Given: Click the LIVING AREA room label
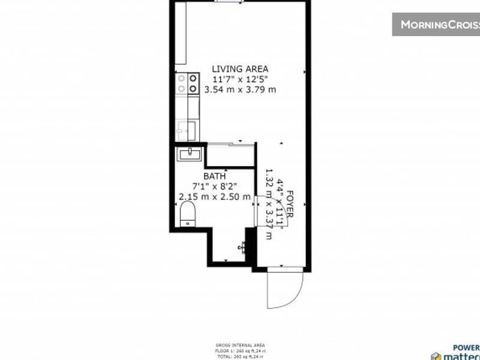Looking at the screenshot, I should click(x=240, y=68).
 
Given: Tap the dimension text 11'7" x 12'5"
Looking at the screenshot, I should click(x=240, y=79).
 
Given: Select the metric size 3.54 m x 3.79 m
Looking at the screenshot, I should click(x=240, y=90).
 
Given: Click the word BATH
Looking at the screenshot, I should click(x=214, y=176).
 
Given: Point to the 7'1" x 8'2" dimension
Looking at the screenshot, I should click(x=214, y=186).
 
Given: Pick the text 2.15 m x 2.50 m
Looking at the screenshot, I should click(x=214, y=196).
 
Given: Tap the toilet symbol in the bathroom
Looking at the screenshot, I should click(x=187, y=214).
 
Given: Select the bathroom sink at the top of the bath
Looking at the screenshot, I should click(x=190, y=154).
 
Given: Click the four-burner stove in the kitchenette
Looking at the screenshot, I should click(x=187, y=83).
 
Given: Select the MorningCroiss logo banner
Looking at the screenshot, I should click(x=437, y=24).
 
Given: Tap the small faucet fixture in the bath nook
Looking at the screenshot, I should click(x=244, y=246).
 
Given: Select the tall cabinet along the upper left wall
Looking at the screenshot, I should click(x=180, y=33).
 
